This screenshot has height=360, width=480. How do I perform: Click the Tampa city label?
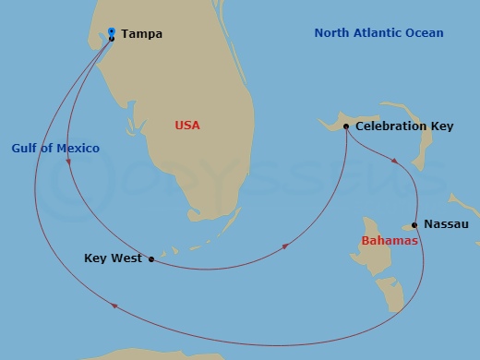point(141,34)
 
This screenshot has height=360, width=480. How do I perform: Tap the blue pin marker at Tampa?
point(112,31)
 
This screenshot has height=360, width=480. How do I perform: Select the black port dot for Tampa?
point(112,39)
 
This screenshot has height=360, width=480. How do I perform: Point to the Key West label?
point(113,258)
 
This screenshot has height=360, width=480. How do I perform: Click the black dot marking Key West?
point(151,259)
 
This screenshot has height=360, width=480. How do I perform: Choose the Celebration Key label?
point(404,126)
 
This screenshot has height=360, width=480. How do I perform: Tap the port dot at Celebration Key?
point(345,126)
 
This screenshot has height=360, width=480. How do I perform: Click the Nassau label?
point(446,224)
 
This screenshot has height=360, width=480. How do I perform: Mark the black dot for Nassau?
point(414,225)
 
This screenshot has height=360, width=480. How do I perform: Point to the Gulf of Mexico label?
point(55,148)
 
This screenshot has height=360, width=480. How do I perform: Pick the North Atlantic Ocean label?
point(378,33)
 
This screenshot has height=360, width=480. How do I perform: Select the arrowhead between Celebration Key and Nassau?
point(395,162)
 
